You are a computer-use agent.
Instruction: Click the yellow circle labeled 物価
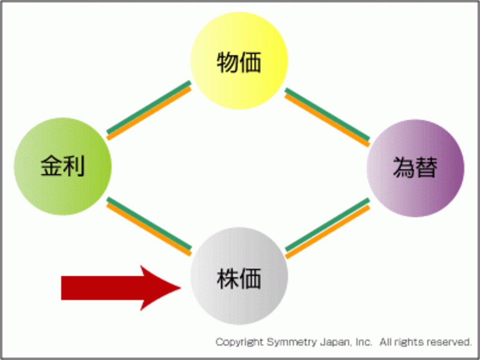(x=239, y=60)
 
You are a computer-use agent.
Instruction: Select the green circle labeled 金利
(x=63, y=166)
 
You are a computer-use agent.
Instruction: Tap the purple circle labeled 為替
(x=415, y=168)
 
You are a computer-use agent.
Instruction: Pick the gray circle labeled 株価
(x=239, y=276)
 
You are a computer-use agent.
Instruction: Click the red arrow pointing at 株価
(x=121, y=288)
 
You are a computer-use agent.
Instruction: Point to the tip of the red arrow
(x=181, y=288)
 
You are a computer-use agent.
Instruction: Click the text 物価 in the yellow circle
(x=239, y=62)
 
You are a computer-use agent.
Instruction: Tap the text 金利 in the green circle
(x=63, y=166)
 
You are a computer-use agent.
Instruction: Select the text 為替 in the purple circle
(x=415, y=167)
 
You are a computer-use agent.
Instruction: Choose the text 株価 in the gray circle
(x=239, y=278)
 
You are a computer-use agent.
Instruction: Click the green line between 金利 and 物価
(x=149, y=107)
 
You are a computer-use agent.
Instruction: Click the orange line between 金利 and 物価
(x=149, y=113)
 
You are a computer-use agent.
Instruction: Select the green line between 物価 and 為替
(x=328, y=114)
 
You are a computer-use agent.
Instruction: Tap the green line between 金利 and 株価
(x=149, y=224)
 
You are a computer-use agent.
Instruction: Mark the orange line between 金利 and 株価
(x=149, y=229)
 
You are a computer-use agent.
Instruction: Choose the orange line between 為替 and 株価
(x=328, y=232)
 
